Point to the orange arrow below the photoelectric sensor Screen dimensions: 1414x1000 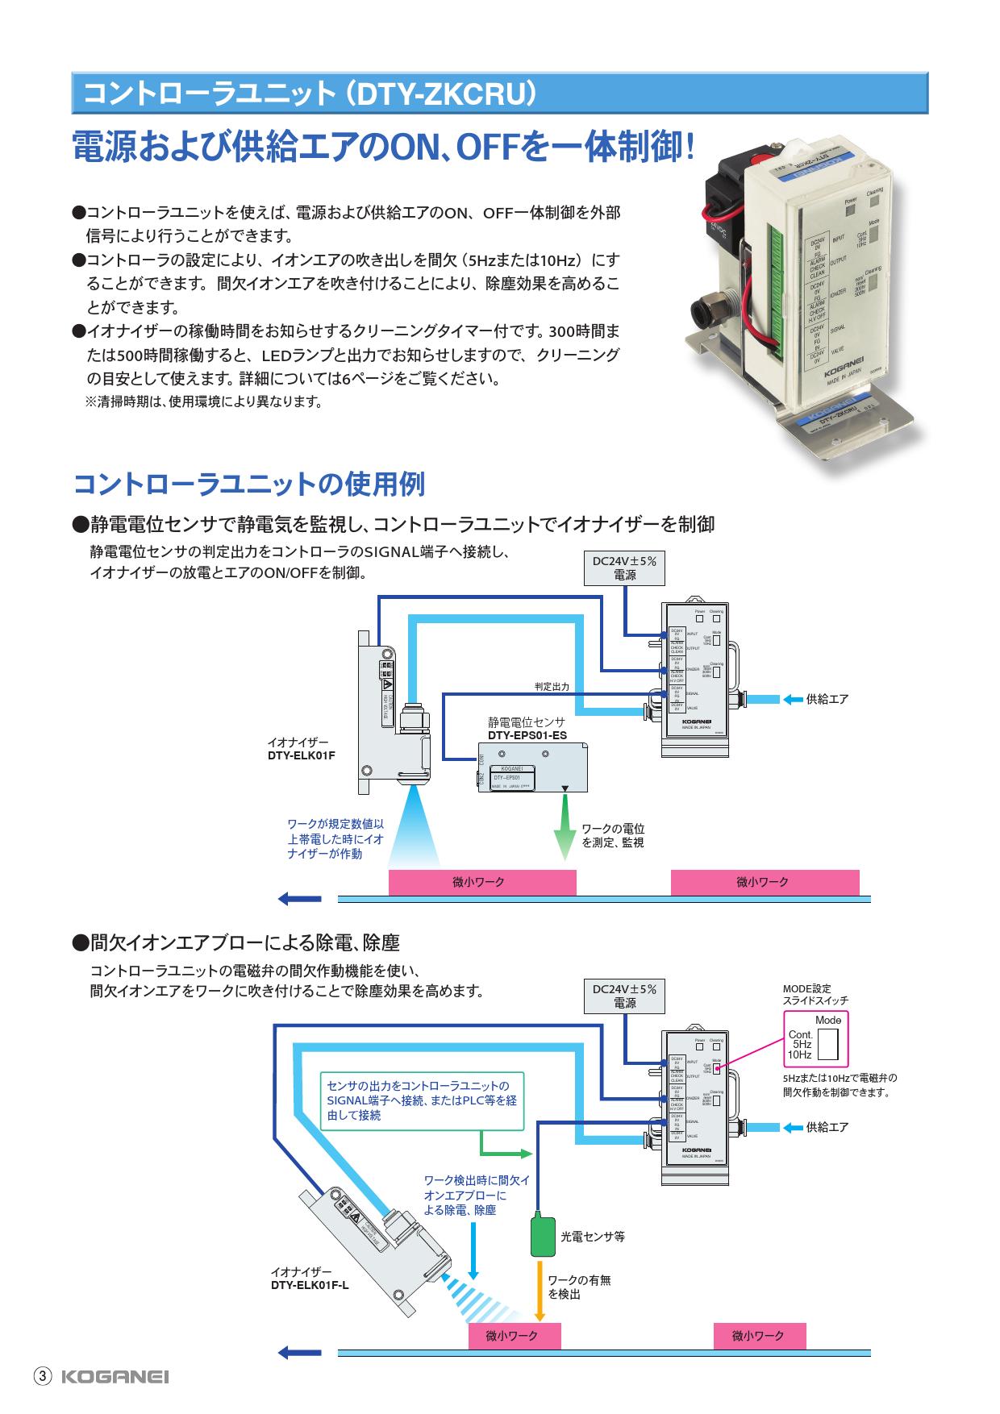(x=540, y=1289)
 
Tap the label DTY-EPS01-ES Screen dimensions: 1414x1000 (x=527, y=735)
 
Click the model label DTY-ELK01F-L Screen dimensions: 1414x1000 (x=310, y=1285)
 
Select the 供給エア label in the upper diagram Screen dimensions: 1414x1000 (x=827, y=699)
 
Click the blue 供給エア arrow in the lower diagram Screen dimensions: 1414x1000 (x=792, y=1127)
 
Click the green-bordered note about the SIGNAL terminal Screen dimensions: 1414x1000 (x=422, y=1100)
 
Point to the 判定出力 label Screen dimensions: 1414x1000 (x=552, y=687)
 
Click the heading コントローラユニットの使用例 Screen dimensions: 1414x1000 (x=249, y=485)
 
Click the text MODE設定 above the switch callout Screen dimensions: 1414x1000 (x=807, y=988)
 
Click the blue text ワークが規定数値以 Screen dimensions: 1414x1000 (x=335, y=824)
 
